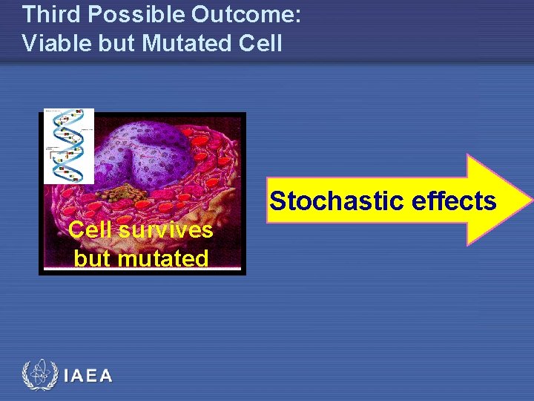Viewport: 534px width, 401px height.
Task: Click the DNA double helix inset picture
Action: pos(69,146)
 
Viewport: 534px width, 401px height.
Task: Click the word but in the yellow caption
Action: pos(91,258)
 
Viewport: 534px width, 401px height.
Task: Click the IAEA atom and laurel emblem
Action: pos(39,376)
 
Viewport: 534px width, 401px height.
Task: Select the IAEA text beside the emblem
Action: pos(88,376)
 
